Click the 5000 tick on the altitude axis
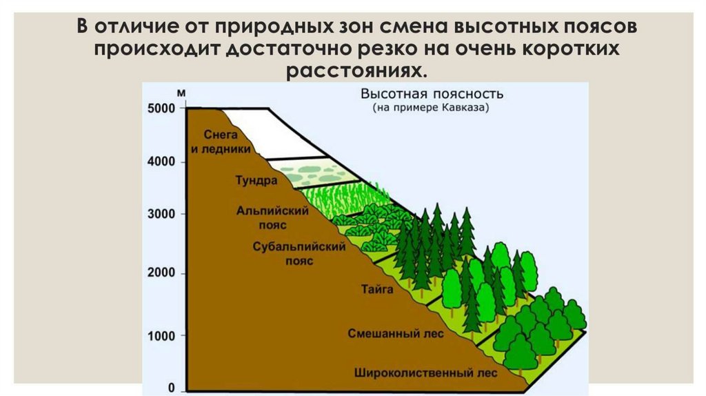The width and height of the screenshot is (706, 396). [162, 108]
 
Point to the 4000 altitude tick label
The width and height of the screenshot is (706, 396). [162, 162]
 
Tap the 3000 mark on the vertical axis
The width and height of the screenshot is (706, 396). [162, 214]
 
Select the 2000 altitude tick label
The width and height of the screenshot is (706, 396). [162, 274]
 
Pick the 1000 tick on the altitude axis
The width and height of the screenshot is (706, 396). [162, 335]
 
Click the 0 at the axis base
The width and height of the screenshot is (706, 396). [172, 388]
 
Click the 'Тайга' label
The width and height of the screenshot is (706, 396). [377, 290]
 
